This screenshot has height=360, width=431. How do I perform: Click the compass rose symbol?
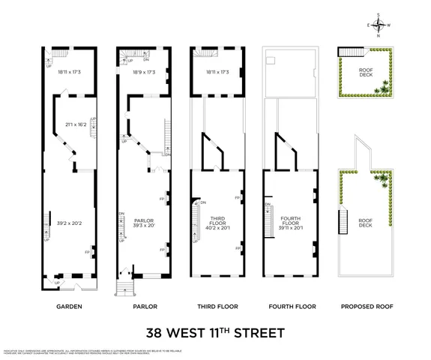pyautogui.click(x=379, y=25)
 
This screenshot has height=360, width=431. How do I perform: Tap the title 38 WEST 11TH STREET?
pyautogui.click(x=214, y=330)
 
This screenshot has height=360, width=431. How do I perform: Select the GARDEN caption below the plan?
pyautogui.click(x=69, y=307)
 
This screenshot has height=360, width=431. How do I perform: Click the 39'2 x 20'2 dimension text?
pyautogui.click(x=69, y=223)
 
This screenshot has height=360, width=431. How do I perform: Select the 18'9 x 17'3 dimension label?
pyautogui.click(x=143, y=73)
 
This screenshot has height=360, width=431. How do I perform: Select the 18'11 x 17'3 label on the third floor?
pyautogui.click(x=217, y=73)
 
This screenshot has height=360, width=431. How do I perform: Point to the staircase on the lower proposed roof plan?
pyautogui.click(x=343, y=222)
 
